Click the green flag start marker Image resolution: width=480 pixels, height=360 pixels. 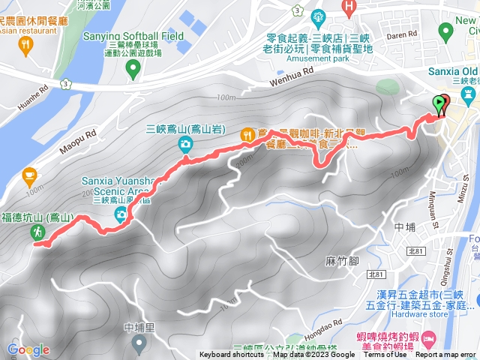tap(439, 105)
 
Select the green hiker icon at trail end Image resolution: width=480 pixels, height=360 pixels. tap(37, 234)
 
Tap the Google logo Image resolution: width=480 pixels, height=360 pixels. tap(28, 349)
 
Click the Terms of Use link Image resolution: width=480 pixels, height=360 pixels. tap(384, 355)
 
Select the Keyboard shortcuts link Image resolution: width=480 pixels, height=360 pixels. tap(232, 355)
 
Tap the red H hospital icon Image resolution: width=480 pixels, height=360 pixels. tap(348, 6)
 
